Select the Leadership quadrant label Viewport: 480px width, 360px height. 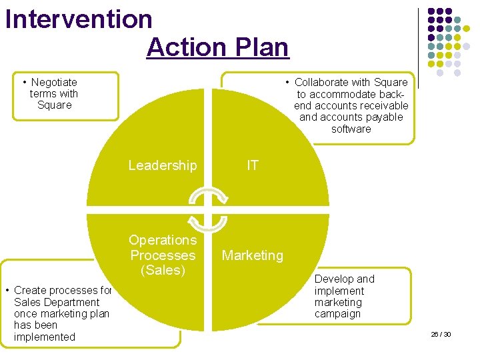pos(163,165)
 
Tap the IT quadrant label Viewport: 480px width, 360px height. pos(253,165)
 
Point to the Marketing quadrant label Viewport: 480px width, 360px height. pos(253,255)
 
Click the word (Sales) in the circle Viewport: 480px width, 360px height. pos(163,270)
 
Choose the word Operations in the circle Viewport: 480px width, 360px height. pos(163,240)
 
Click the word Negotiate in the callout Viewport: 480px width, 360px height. pos(55,82)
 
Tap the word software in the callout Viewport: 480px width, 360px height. pos(351,129)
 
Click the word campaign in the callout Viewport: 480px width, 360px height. pos(337,314)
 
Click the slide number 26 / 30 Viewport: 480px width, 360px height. pos(441,333)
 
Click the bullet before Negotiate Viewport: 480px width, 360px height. pos(25,82)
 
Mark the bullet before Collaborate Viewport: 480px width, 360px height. pos(287,82)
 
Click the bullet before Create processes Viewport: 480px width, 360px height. pos(7,290)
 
